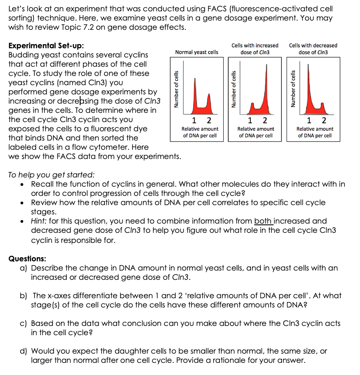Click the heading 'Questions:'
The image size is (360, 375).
click(x=27, y=259)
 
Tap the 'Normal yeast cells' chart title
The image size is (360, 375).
click(x=196, y=52)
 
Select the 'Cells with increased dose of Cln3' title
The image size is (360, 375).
click(x=255, y=49)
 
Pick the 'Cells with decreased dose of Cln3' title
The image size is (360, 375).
click(x=313, y=49)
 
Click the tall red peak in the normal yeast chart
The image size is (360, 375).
click(x=194, y=96)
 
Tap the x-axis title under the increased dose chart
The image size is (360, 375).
click(x=256, y=132)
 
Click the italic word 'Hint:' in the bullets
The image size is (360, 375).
click(x=41, y=221)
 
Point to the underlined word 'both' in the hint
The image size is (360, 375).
click(x=263, y=221)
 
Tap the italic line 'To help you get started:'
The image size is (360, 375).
click(x=51, y=175)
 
